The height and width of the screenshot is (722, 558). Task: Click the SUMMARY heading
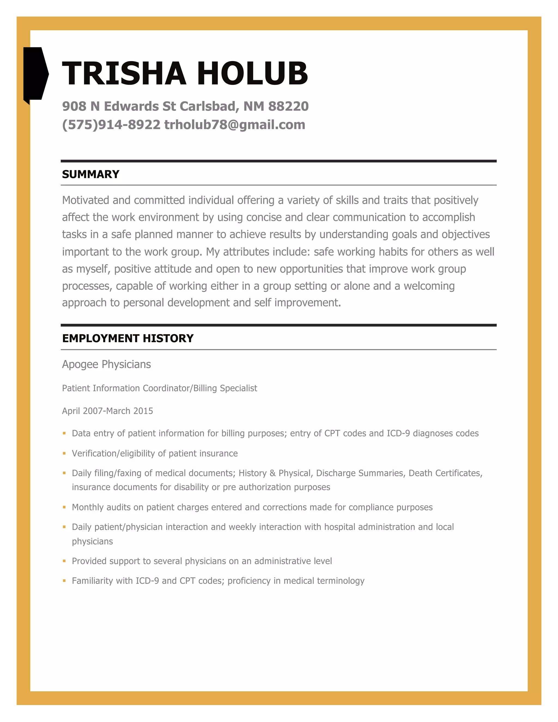pos(90,174)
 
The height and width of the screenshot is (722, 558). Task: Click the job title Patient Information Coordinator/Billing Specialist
pos(159,388)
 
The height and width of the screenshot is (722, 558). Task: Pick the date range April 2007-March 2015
pos(107,411)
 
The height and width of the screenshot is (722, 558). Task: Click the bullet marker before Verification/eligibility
pos(65,453)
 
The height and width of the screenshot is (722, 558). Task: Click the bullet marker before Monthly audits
pos(65,507)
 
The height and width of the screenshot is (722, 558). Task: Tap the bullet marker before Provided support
pos(65,561)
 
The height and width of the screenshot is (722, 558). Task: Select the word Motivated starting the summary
pos(85,200)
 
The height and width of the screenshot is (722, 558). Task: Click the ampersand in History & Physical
pos(272,473)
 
